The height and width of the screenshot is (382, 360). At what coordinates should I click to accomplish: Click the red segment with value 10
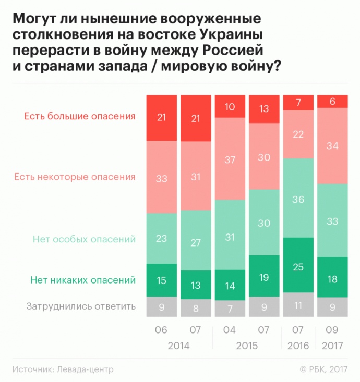click(230, 106)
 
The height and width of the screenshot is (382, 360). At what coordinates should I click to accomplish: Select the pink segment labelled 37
click(230, 159)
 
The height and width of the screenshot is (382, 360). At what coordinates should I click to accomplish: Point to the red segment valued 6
click(332, 102)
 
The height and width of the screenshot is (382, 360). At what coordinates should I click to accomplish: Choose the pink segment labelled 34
click(332, 146)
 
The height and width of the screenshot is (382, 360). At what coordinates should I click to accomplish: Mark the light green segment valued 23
click(162, 239)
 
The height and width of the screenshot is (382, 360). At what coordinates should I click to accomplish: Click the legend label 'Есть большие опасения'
click(79, 116)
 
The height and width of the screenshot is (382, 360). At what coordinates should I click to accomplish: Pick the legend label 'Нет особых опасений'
click(84, 239)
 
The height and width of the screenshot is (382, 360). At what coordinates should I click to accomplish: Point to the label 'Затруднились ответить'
click(81, 306)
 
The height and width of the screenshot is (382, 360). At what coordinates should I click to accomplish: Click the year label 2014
click(179, 346)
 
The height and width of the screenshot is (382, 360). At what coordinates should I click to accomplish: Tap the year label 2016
click(298, 346)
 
